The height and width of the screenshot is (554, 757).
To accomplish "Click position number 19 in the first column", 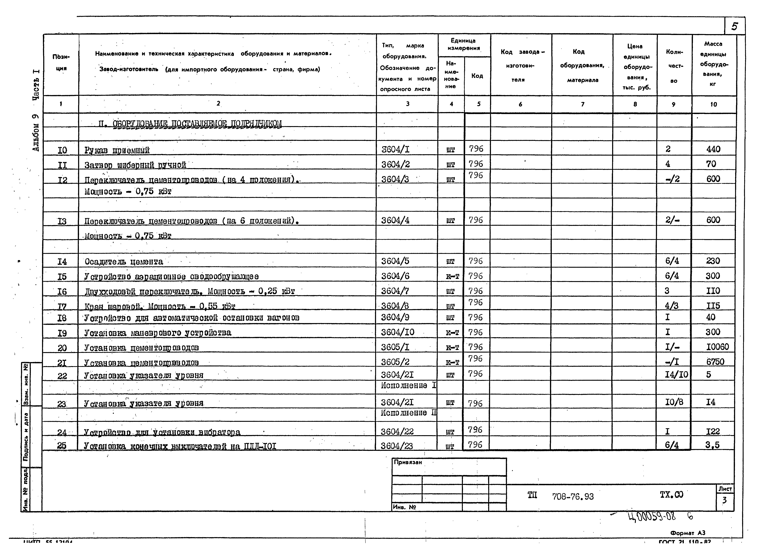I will (x=62, y=333).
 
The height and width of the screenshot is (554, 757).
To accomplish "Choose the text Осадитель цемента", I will (x=124, y=262).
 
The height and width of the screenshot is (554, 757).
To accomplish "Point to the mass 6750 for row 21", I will (x=715, y=361).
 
